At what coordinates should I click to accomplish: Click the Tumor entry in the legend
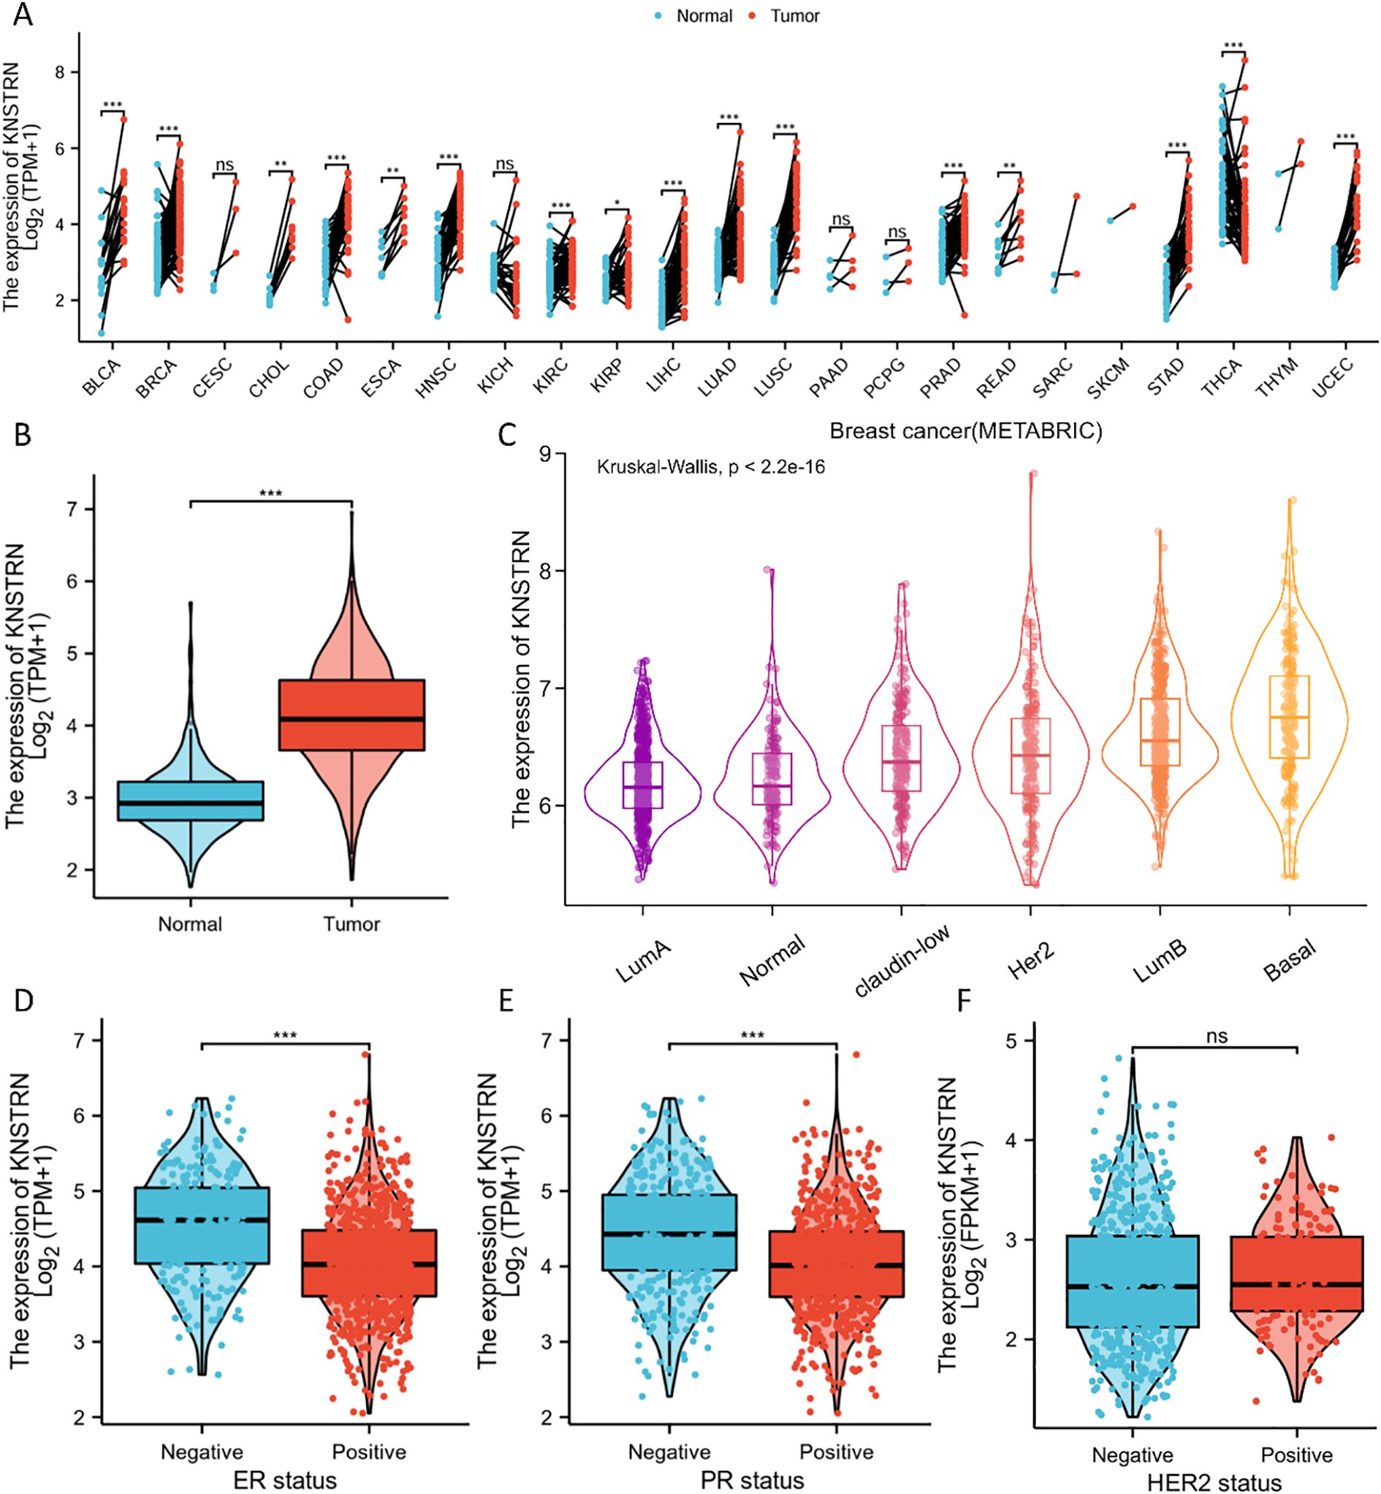794,15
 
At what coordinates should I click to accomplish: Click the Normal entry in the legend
703,15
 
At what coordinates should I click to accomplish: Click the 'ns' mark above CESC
224,165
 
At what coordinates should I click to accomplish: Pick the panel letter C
507,434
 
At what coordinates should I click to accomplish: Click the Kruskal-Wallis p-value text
710,468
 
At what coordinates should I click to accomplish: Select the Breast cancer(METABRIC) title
965,431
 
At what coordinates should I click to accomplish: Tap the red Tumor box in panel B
351,714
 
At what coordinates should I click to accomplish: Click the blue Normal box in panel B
191,801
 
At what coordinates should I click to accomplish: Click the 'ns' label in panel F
1217,1035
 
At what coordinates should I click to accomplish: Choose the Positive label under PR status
836,1452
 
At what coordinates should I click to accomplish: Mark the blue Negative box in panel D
202,1225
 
